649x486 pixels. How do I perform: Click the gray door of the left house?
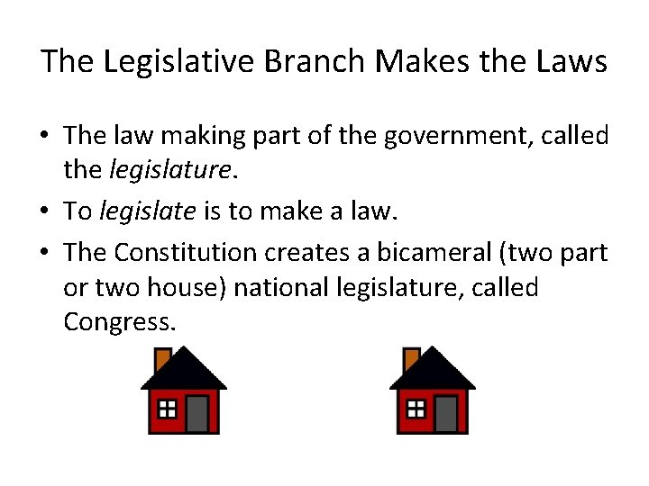197,413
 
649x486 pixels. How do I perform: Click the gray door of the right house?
445,413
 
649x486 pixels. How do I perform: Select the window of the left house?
167,409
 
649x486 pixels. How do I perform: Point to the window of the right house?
416,409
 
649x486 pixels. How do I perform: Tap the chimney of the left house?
162,358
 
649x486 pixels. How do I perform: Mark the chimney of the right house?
411,358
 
